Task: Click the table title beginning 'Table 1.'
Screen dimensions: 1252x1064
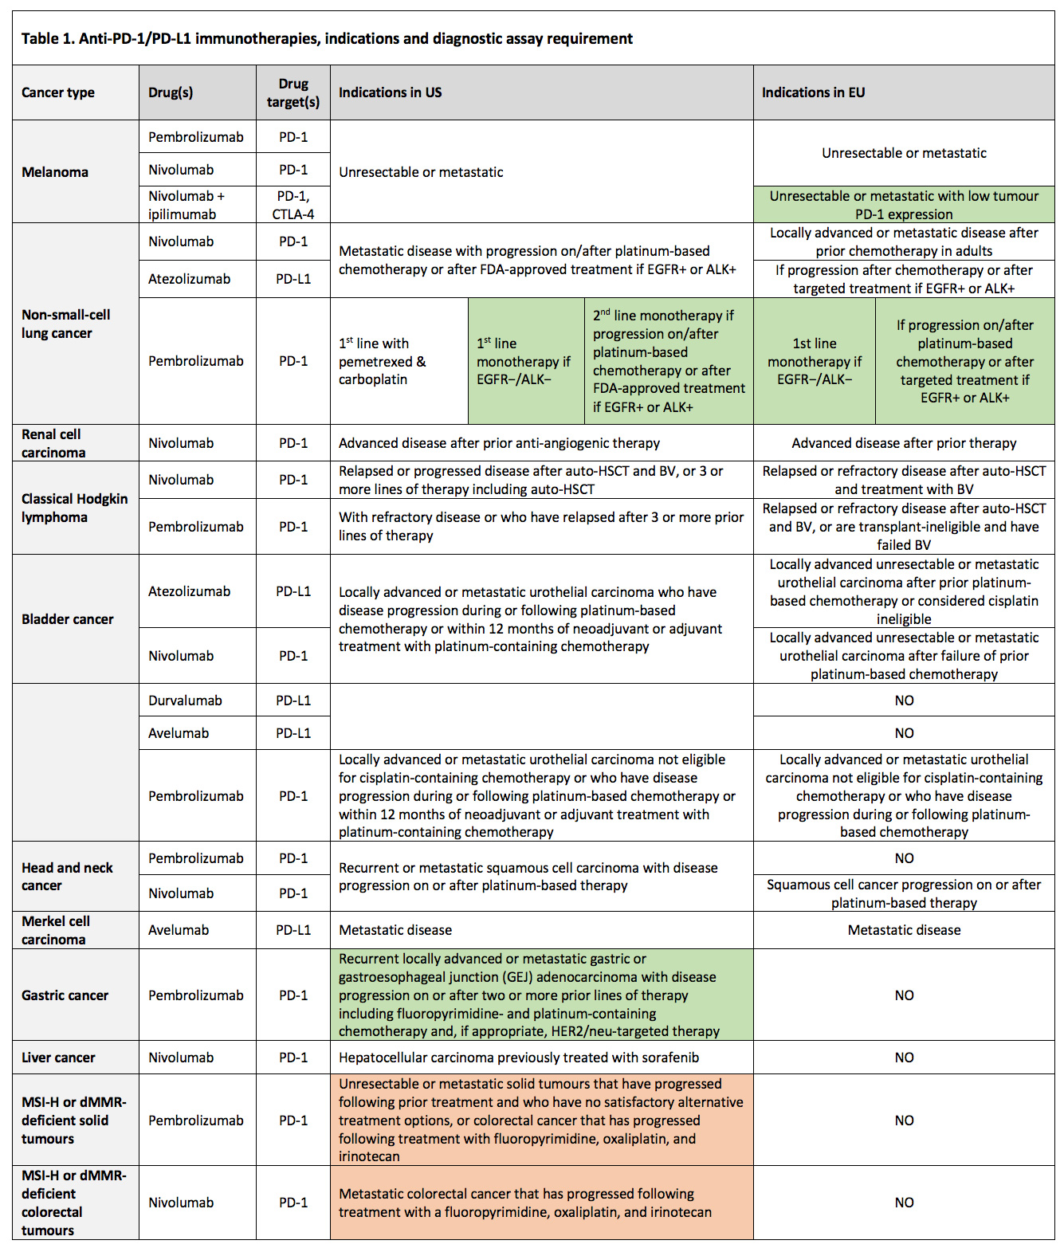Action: click(327, 38)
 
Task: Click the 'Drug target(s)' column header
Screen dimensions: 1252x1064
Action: click(293, 92)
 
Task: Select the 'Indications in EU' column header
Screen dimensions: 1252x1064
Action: click(813, 92)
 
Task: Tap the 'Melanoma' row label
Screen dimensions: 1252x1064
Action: click(55, 172)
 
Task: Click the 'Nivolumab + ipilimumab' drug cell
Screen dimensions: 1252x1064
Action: click(186, 205)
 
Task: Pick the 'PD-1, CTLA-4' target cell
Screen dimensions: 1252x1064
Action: click(293, 205)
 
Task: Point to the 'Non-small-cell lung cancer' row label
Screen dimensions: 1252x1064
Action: click(66, 324)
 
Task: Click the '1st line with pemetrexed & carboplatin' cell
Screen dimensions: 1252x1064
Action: click(383, 361)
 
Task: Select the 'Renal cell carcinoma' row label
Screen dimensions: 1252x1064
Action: click(53, 443)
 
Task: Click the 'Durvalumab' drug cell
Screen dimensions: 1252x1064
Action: click(185, 701)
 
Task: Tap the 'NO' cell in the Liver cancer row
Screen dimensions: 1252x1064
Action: click(904, 1058)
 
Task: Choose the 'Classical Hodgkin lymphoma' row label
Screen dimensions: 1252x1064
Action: click(74, 508)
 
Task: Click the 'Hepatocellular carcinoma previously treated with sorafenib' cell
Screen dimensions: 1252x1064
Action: click(519, 1058)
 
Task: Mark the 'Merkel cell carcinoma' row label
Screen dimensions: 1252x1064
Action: click(56, 930)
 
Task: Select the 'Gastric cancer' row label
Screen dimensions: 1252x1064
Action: click(65, 995)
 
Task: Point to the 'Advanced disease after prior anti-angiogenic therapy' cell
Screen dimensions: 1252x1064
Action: click(499, 443)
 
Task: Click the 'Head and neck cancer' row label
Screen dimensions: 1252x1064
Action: click(67, 877)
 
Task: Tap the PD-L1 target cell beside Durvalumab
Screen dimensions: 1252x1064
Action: click(293, 701)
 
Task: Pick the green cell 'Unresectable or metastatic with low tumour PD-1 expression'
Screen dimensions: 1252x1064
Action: click(904, 205)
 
